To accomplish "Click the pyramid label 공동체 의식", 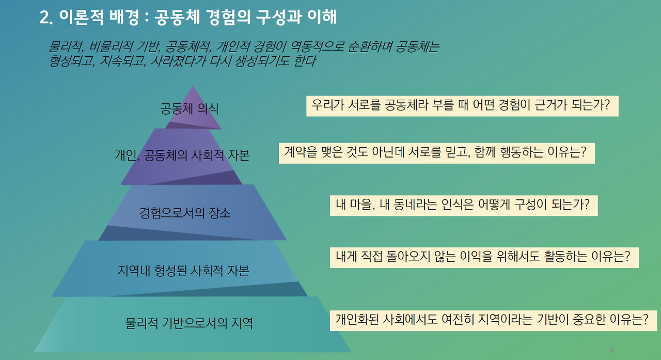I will click(190, 109).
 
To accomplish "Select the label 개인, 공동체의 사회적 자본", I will click(182, 155).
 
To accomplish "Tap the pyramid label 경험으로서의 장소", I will click(185, 212).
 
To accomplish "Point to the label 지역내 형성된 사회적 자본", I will click(183, 270).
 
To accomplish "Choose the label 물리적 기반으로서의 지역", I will click(189, 324).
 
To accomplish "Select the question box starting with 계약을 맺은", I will click(436, 153).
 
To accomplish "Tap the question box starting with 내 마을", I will click(463, 206).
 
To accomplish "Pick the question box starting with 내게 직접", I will click(483, 257).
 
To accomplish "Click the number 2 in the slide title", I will click(44, 18).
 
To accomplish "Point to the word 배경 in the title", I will click(123, 18).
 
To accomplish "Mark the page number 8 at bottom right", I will click(611, 350).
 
